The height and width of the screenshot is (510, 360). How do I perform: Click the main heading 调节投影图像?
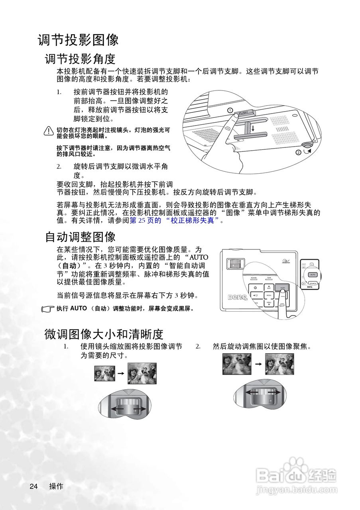[x=78, y=40]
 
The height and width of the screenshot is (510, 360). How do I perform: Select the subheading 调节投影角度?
[x=80, y=59]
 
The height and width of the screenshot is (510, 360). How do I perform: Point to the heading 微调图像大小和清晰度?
[x=104, y=333]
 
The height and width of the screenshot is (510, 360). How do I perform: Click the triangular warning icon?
[x=49, y=131]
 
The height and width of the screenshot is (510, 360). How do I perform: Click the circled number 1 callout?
[x=230, y=110]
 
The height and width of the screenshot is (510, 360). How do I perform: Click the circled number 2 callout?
[x=298, y=152]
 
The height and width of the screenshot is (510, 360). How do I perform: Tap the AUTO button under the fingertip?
[x=282, y=287]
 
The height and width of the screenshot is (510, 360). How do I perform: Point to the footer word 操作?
[x=56, y=486]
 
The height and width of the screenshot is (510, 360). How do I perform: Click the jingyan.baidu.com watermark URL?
[x=296, y=489]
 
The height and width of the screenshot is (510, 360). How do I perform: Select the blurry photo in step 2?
[x=236, y=364]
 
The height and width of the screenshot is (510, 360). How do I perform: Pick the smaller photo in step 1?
[x=102, y=373]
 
